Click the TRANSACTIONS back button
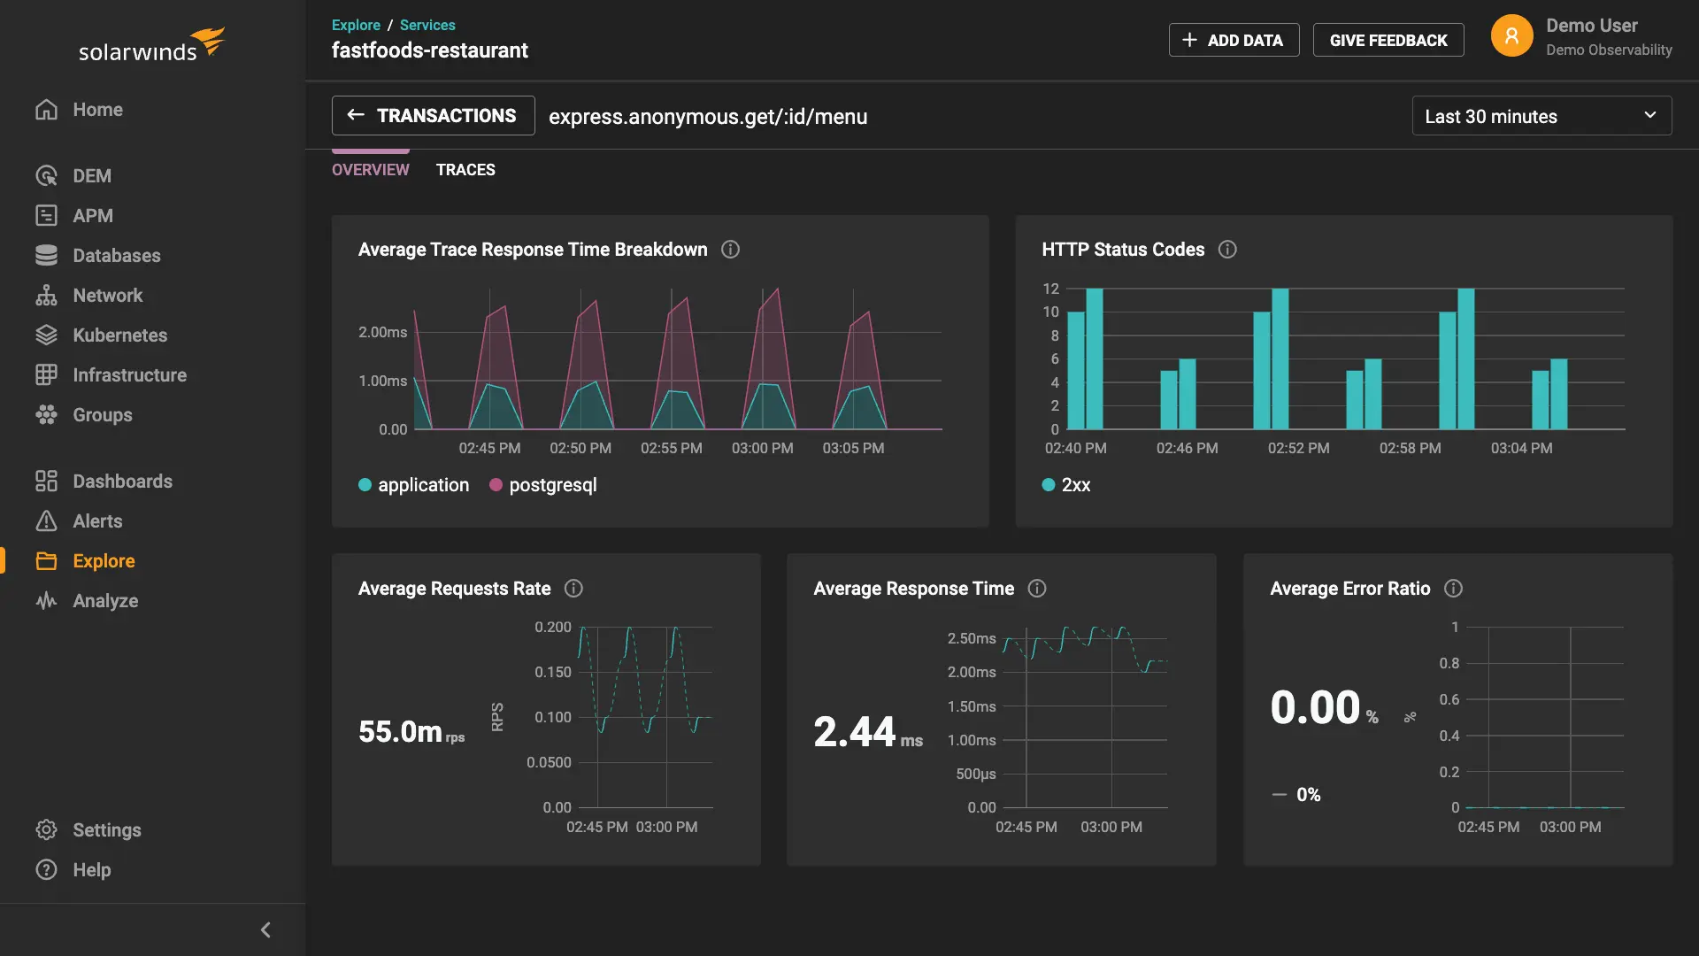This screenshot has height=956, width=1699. (x=433, y=116)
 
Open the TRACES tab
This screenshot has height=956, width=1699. (x=465, y=170)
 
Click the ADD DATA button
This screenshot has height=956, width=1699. (x=1234, y=40)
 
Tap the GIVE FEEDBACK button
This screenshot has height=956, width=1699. (x=1388, y=40)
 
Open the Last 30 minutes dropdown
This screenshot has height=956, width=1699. (x=1541, y=116)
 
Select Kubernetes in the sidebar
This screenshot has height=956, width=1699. (x=119, y=335)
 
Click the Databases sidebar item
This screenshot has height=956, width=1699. (x=116, y=256)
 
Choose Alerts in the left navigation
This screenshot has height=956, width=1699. (x=97, y=521)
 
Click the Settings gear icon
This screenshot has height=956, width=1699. (x=46, y=830)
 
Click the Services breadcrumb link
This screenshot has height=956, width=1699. (x=427, y=25)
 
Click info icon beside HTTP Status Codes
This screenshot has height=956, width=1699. (x=1227, y=250)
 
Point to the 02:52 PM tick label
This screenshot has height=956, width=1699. (x=1298, y=449)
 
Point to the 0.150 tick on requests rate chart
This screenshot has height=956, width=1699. (x=553, y=673)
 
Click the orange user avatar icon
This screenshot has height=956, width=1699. (x=1511, y=36)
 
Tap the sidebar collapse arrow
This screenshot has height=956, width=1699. (x=265, y=929)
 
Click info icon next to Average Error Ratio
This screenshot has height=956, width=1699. (x=1453, y=589)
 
